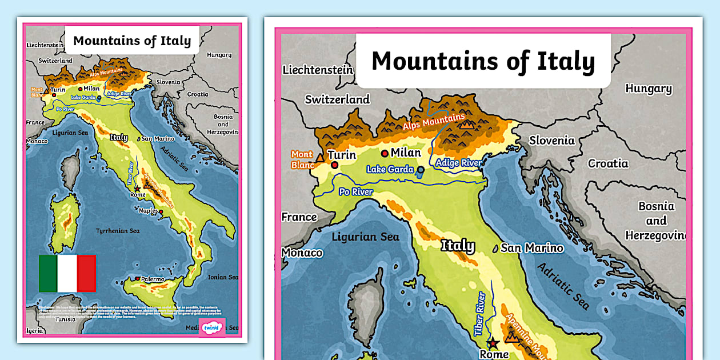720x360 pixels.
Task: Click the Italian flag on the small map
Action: coord(67,273)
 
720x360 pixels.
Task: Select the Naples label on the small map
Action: coord(149,211)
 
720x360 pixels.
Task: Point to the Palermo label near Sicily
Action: coord(153,279)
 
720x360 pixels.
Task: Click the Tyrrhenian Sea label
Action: coord(117,231)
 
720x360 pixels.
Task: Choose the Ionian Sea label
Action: coord(222,277)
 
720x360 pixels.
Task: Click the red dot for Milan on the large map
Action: coord(385,153)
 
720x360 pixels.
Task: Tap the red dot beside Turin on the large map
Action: coord(334,165)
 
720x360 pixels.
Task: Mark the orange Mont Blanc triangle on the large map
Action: coord(319,157)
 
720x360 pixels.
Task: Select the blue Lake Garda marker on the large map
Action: coord(421,170)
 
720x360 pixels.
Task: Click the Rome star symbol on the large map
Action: coord(492,343)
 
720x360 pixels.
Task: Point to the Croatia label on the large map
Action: coord(608,163)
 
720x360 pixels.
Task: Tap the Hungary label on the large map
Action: coord(648,89)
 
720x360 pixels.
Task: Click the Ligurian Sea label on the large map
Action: coord(366,237)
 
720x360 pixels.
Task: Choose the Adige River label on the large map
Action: coord(458,163)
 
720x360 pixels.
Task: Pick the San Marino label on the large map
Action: coord(531,248)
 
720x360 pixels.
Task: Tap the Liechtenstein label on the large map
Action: coord(318,70)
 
